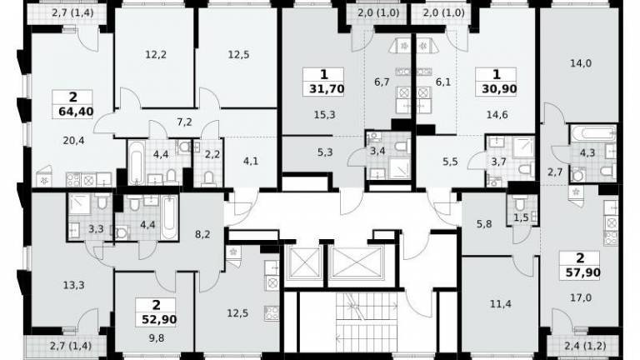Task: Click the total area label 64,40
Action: (x=76, y=112)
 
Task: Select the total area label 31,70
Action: (x=326, y=89)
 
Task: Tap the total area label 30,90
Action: (x=499, y=89)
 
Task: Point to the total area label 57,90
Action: (x=582, y=272)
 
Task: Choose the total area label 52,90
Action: (x=159, y=319)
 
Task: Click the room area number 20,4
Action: (x=74, y=141)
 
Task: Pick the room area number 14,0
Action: (x=581, y=63)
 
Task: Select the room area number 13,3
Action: (x=74, y=285)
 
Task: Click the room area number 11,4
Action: (x=501, y=304)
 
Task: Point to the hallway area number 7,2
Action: (x=184, y=122)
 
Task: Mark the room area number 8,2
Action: (x=202, y=235)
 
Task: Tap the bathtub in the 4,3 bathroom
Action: (x=592, y=133)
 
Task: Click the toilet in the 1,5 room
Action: (x=520, y=203)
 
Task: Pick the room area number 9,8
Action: (x=157, y=337)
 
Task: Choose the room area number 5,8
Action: (x=484, y=223)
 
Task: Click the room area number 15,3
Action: (x=324, y=115)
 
